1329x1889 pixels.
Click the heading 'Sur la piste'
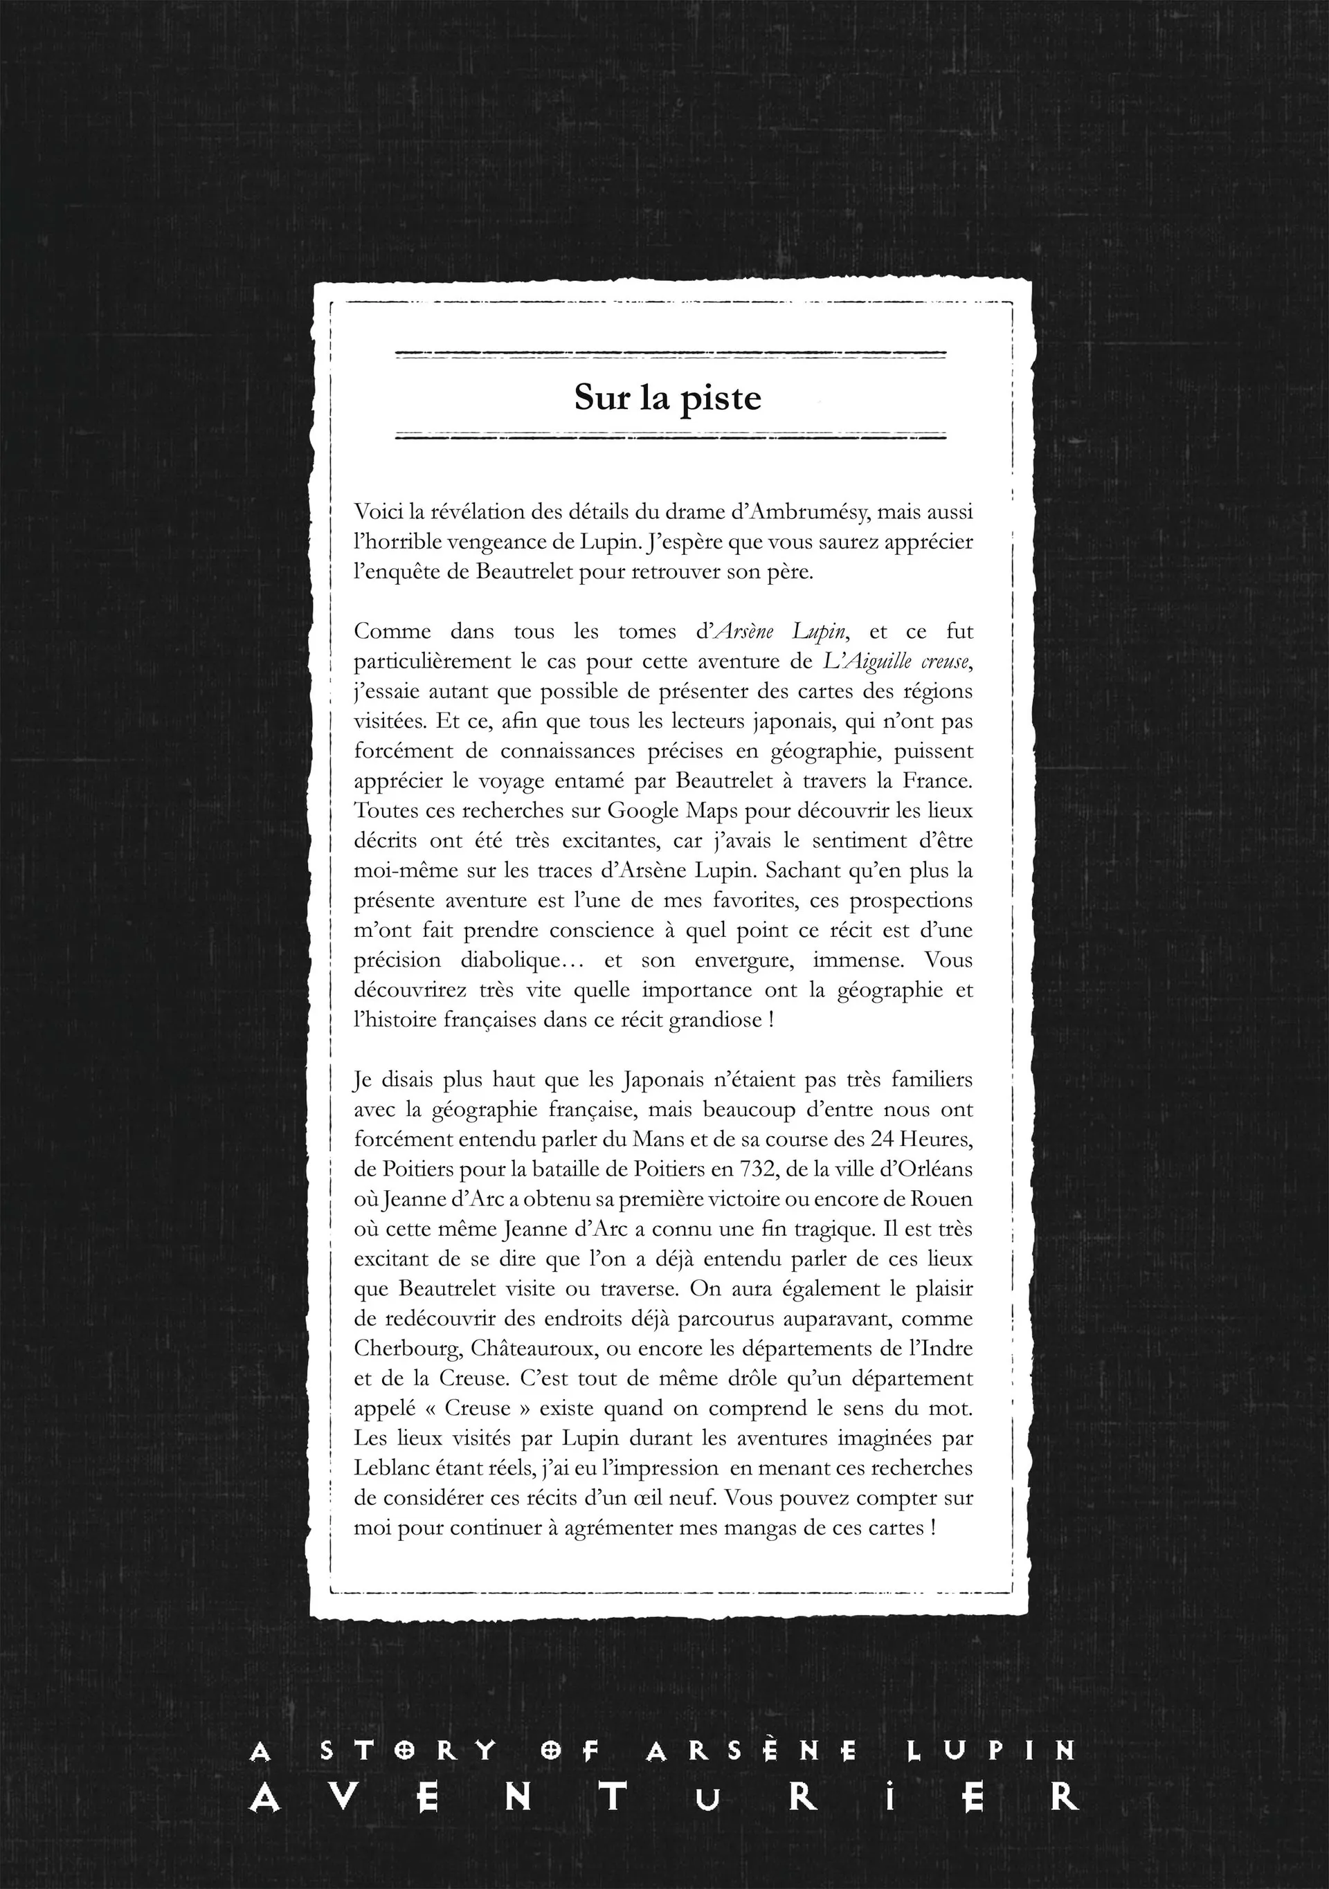pos(667,397)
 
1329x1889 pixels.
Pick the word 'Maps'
pos(714,810)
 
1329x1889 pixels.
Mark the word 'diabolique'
pos(514,960)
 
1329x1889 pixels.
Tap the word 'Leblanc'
pos(391,1468)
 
